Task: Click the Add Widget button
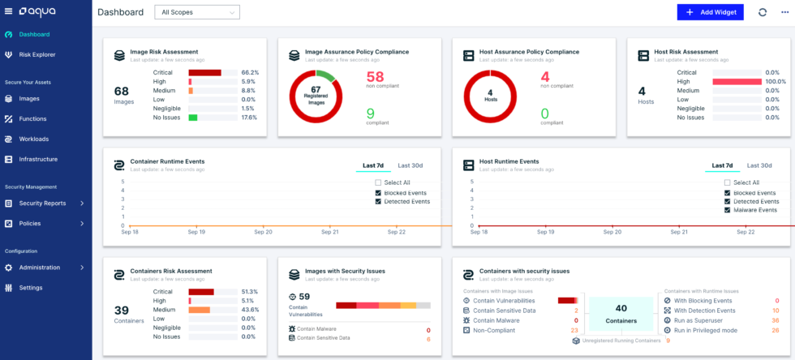pos(710,12)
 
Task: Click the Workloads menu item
pos(33,139)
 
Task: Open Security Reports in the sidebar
pos(42,204)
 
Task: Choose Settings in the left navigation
pos(31,288)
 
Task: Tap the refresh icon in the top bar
pos(762,12)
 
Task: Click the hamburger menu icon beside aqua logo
pos(8,11)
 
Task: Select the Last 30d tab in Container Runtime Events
pos(410,165)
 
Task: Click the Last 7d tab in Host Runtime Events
pos(721,165)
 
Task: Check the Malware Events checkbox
pos(728,210)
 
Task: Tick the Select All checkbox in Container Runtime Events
pos(379,182)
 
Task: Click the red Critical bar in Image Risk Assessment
pos(204,72)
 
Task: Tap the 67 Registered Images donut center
pos(316,93)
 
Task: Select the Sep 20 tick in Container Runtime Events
pos(264,231)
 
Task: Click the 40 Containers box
pos(621,313)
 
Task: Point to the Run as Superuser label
pos(704,320)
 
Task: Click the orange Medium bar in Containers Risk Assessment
pos(200,310)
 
